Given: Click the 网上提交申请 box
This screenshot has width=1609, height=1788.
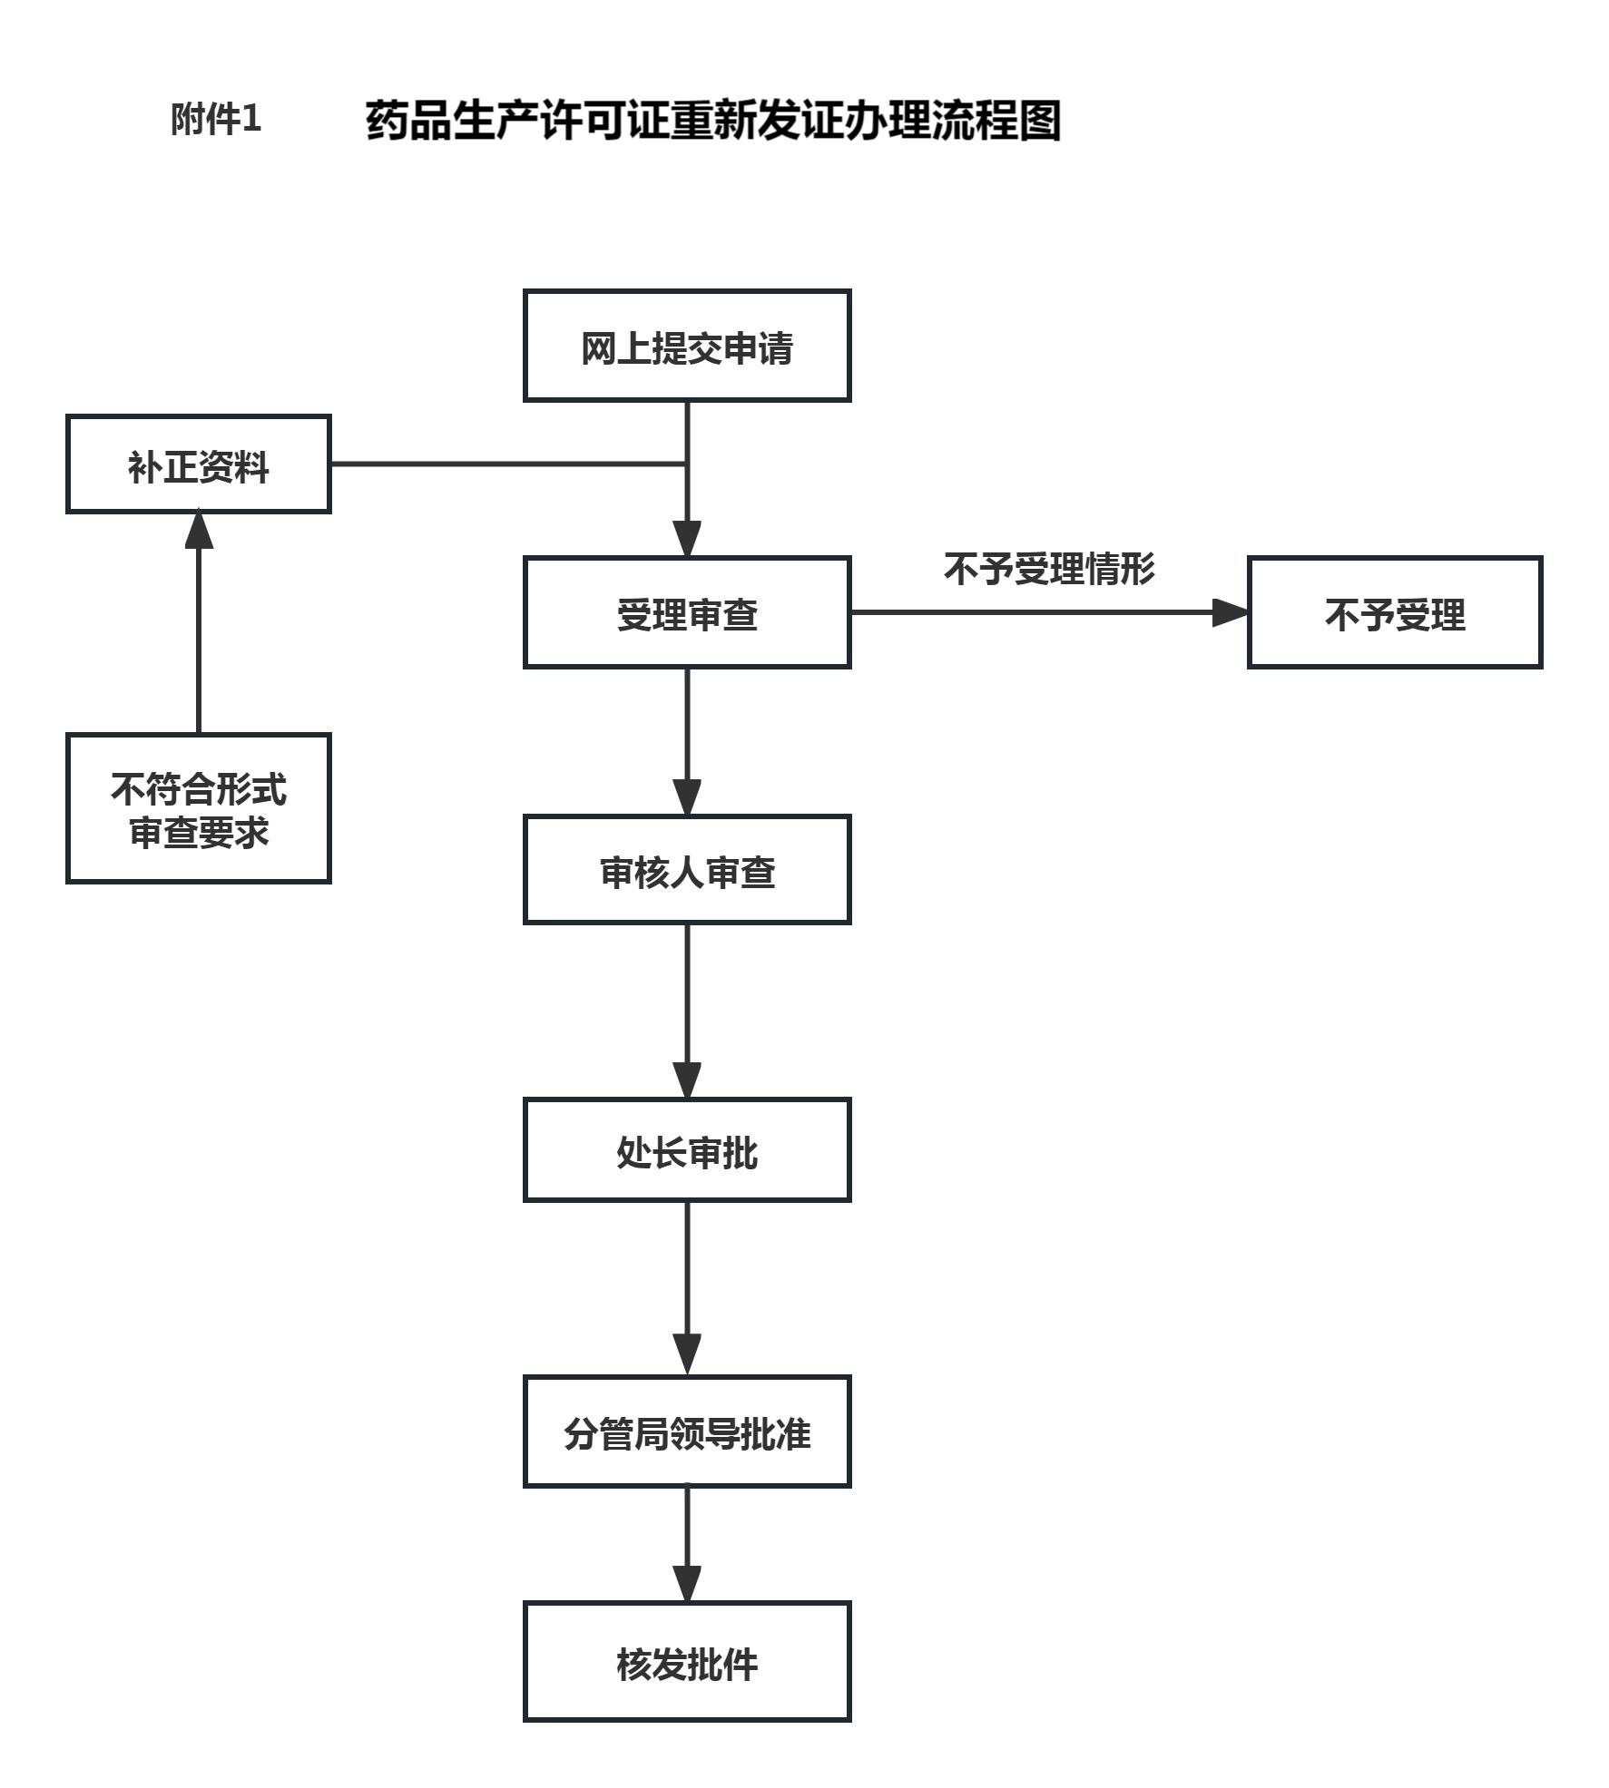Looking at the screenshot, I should click(x=687, y=346).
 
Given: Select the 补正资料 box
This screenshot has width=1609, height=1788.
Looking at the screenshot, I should click(x=199, y=464).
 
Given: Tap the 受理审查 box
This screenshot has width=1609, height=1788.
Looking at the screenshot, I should click(x=687, y=613).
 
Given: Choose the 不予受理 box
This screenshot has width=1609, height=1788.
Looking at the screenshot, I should click(x=1395, y=613).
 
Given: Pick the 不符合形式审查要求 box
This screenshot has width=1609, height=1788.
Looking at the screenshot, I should click(x=199, y=808).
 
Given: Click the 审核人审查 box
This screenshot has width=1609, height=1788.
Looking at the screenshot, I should click(x=687, y=870).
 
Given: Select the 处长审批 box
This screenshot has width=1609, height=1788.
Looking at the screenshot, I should click(x=687, y=1150).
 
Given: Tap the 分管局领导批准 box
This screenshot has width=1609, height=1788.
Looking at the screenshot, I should click(x=687, y=1431).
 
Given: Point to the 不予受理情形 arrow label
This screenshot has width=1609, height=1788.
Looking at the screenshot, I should click(x=1049, y=570).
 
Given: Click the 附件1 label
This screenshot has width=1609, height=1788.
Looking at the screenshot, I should click(x=216, y=119).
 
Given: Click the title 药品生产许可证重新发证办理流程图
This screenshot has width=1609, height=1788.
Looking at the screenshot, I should click(x=713, y=121).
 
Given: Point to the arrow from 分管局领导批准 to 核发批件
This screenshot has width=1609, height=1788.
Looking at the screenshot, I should click(x=687, y=1542).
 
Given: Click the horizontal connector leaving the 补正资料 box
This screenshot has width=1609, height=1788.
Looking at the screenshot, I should click(x=508, y=464).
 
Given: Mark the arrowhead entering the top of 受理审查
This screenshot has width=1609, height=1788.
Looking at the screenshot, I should click(x=687, y=539).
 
